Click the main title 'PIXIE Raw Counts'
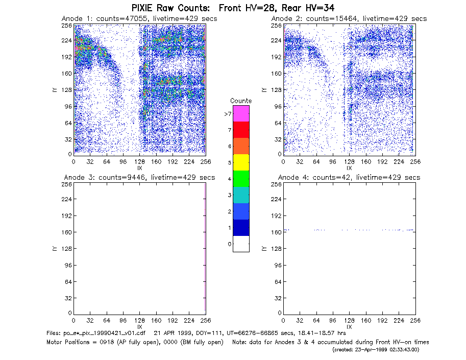[x=170, y=8]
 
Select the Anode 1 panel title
[x=139, y=18]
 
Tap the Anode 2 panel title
[x=349, y=18]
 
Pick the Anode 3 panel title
[x=139, y=177]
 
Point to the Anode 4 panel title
[x=349, y=177]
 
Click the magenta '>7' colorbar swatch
[x=241, y=113]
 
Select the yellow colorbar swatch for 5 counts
[x=241, y=162]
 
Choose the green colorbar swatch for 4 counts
[x=241, y=179]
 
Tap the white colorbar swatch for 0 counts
[x=241, y=244]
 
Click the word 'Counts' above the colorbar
[x=241, y=101]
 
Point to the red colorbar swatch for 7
[x=241, y=130]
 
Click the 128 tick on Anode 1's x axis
[x=140, y=161]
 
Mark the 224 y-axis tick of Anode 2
[x=276, y=40]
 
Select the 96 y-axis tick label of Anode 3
[x=68, y=265]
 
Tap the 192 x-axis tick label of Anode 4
[x=382, y=320]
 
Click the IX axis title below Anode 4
[x=349, y=327]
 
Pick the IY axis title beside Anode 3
[x=55, y=248]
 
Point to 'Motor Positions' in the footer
[x=68, y=342]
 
